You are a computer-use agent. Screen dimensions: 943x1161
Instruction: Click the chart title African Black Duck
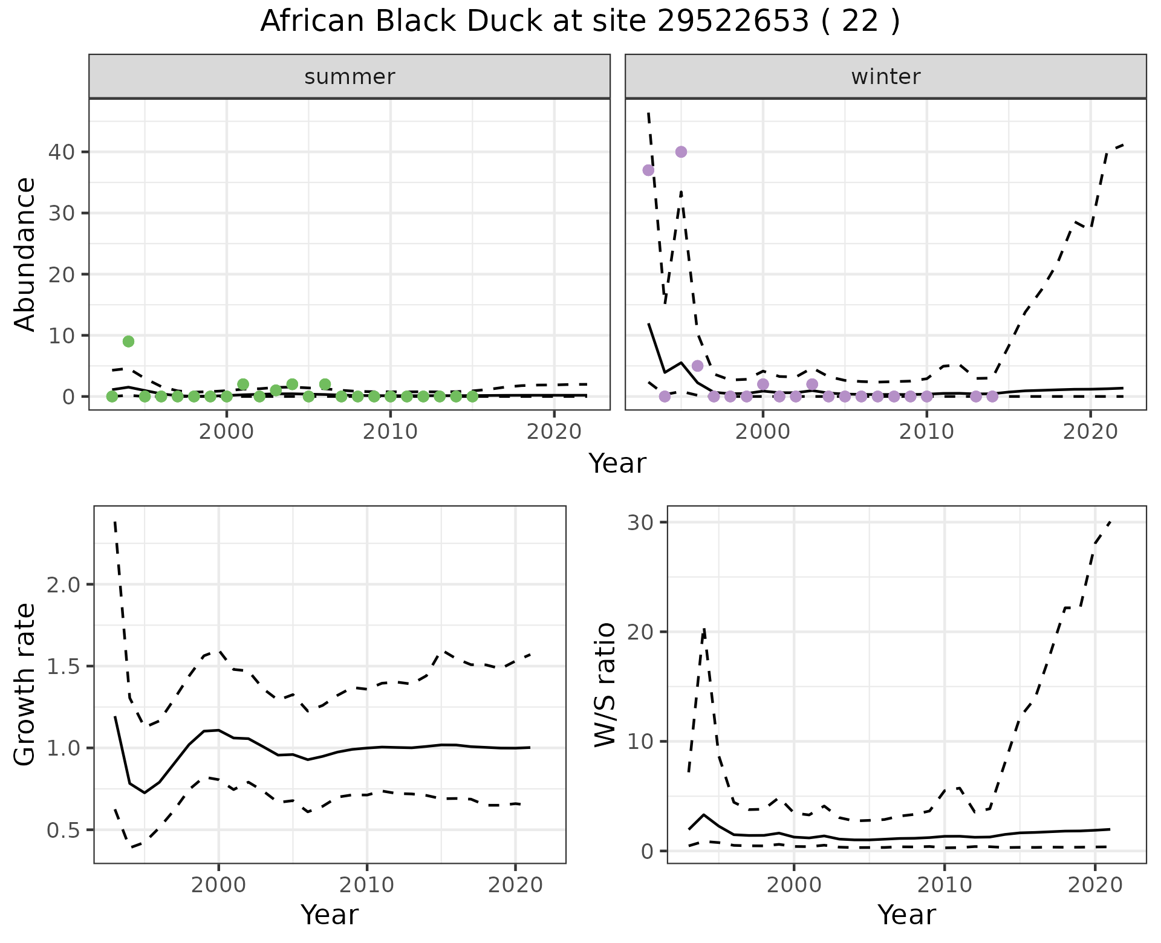click(579, 22)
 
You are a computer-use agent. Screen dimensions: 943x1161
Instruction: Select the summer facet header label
click(349, 77)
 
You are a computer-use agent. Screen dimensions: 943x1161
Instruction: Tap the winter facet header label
click(885, 77)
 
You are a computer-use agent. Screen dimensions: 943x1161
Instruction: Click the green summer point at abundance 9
click(128, 342)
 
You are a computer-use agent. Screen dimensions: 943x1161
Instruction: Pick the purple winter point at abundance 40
click(681, 152)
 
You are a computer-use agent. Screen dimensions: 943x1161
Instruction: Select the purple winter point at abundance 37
click(648, 170)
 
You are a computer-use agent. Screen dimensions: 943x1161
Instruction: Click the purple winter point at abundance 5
click(697, 366)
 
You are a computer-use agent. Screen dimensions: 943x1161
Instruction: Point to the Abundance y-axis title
click(25, 254)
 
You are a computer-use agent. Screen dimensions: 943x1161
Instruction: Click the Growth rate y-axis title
click(25, 684)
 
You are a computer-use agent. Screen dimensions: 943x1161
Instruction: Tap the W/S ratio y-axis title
click(605, 684)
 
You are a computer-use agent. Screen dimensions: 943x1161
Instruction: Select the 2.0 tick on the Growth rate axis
click(63, 585)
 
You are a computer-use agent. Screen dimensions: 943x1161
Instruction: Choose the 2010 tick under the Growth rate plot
click(366, 886)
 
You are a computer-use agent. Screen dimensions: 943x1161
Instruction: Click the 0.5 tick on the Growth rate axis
click(63, 830)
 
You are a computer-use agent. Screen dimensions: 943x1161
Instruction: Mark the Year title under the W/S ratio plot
click(906, 915)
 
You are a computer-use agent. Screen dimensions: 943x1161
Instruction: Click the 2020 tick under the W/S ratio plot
click(1094, 886)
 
